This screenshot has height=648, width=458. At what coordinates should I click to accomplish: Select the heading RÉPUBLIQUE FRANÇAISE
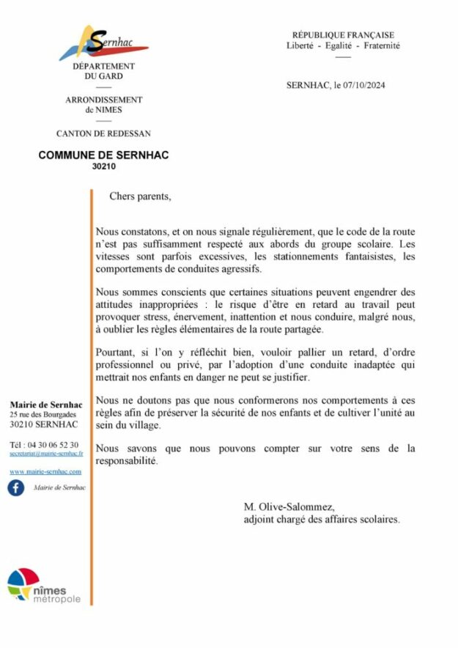(x=343, y=34)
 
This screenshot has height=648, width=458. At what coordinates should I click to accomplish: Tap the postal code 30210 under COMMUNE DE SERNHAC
(x=103, y=166)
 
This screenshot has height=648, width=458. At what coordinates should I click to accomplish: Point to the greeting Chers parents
(x=140, y=196)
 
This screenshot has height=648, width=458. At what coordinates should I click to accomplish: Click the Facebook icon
(x=16, y=487)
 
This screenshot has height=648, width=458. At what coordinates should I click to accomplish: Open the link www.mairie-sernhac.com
(x=45, y=471)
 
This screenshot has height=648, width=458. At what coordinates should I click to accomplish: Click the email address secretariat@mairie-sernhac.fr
(x=45, y=454)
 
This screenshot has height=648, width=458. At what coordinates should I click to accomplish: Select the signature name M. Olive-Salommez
(x=289, y=507)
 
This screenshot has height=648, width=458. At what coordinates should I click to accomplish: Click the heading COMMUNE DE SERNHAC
(x=103, y=155)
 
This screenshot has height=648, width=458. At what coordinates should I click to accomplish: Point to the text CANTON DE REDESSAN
(x=103, y=133)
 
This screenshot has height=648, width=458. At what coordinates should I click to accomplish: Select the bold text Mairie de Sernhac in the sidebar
(x=45, y=405)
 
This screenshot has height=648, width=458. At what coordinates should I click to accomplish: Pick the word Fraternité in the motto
(x=379, y=45)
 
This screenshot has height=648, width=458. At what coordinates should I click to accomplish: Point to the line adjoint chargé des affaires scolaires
(x=322, y=519)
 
